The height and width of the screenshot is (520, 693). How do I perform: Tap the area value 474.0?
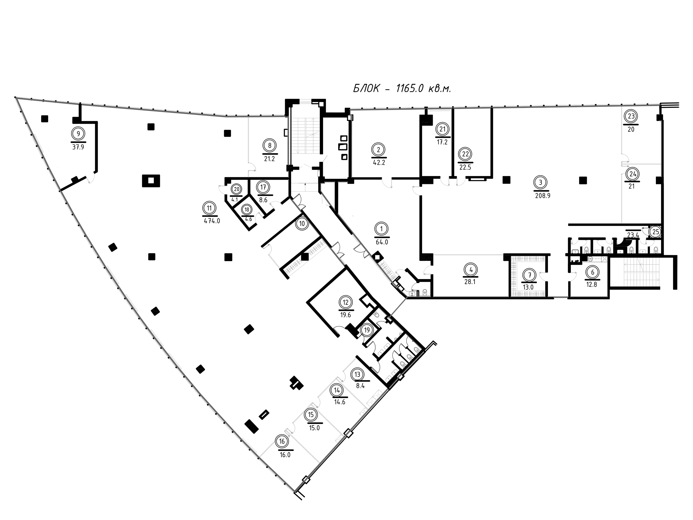(212, 221)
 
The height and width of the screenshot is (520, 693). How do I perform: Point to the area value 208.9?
(543, 196)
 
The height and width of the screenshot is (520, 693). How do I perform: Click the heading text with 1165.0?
(402, 89)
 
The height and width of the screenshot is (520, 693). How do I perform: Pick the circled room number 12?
(346, 302)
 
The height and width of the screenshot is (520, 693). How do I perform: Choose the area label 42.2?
(379, 163)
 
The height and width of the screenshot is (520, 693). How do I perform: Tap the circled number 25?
(656, 232)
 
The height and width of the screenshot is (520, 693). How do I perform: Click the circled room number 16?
(282, 442)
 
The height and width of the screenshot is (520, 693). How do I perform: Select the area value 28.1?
(470, 282)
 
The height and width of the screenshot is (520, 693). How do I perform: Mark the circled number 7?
(530, 275)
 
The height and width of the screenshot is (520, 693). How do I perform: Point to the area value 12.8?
(592, 285)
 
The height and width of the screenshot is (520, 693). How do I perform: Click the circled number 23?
(631, 116)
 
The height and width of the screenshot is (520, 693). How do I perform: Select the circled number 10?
(302, 224)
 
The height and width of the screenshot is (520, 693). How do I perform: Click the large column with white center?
(151, 181)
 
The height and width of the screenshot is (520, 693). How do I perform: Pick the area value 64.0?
(382, 242)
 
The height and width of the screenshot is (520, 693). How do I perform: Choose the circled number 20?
(236, 189)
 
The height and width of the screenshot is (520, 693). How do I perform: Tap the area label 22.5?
(465, 167)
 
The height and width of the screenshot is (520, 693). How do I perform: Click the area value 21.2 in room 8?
(269, 159)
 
